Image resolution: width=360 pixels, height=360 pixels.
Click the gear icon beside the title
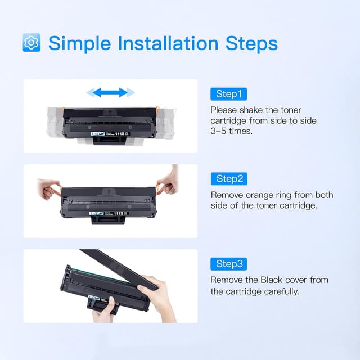[x=31, y=43]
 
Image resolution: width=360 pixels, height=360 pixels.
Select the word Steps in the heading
[x=250, y=43]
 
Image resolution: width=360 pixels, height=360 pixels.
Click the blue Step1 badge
[x=228, y=94]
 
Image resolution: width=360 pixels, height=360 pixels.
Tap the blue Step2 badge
[x=228, y=179]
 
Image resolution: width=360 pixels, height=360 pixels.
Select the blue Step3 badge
[x=228, y=264]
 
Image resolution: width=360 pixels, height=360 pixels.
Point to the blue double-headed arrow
[x=114, y=92]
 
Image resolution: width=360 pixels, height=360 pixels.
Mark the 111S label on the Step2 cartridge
[x=120, y=213]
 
